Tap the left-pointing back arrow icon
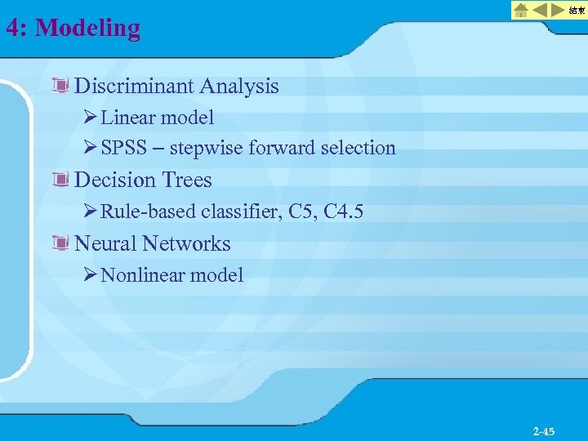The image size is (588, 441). (x=541, y=11)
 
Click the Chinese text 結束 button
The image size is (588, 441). (x=577, y=11)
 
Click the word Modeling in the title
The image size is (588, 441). (x=88, y=29)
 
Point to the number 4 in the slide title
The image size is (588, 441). (x=11, y=29)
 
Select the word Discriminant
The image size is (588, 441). (x=134, y=87)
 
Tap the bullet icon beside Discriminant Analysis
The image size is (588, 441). (x=60, y=86)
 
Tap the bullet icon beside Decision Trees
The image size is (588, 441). (x=60, y=180)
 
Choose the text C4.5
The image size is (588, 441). (x=344, y=212)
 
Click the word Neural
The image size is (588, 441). (x=105, y=243)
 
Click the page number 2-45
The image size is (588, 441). (x=544, y=430)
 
